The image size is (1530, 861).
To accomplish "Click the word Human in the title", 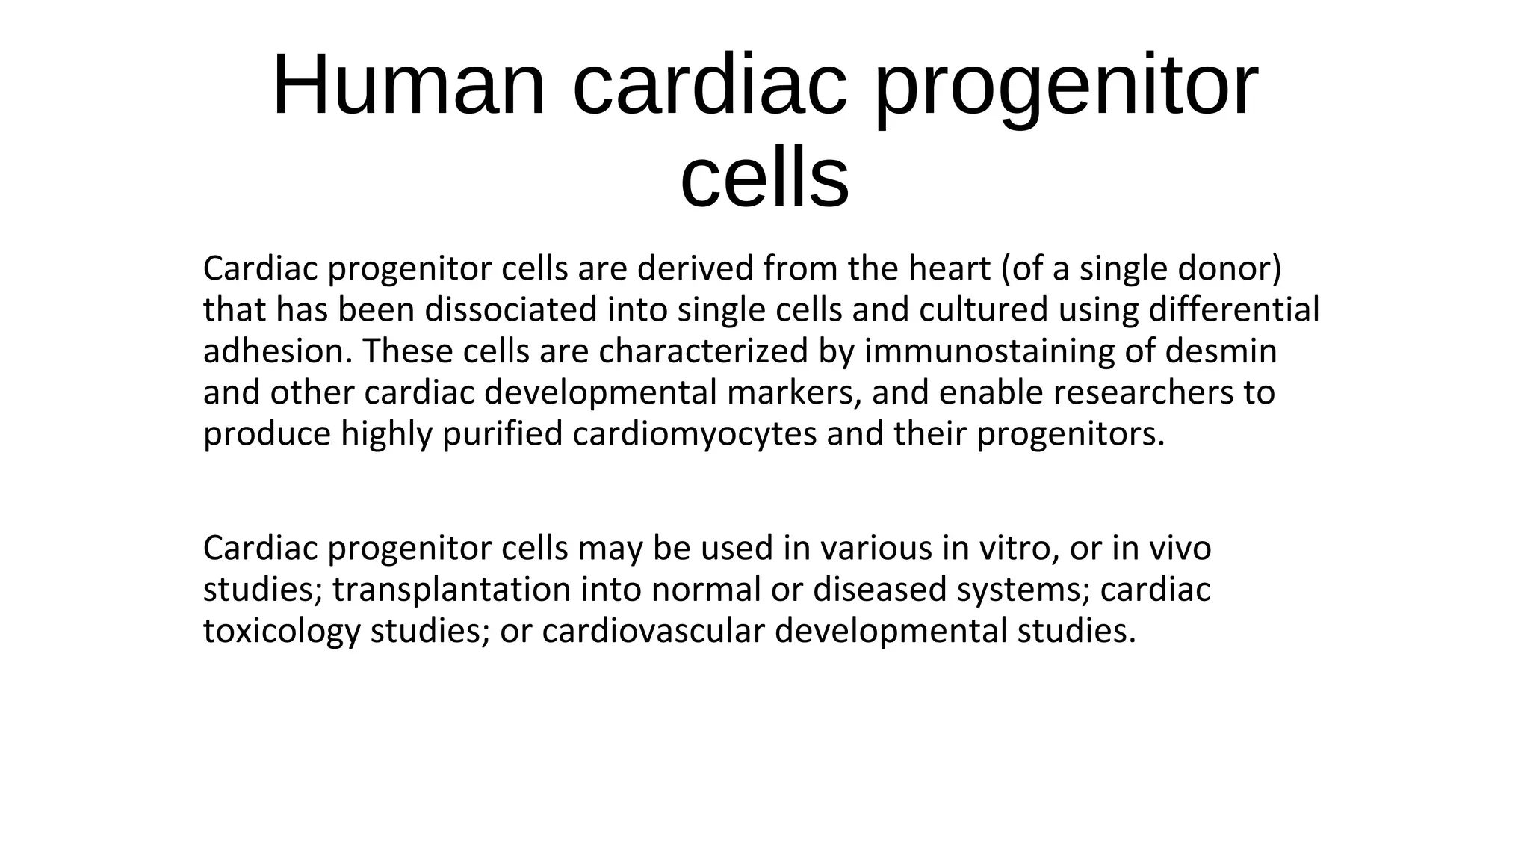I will pyautogui.click(x=409, y=86).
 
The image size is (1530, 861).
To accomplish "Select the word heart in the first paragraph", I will pyautogui.click(x=949, y=268).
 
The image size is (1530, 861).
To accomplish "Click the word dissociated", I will pyautogui.click(x=511, y=309).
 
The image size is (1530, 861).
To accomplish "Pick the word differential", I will pyautogui.click(x=1233, y=309).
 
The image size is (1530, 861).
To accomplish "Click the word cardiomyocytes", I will pyautogui.click(x=695, y=434).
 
